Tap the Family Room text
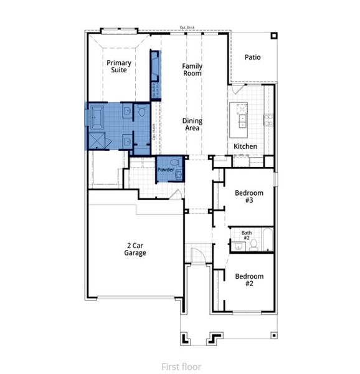pyautogui.click(x=192, y=69)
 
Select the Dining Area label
pyautogui.click(x=192, y=124)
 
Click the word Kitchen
pyautogui.click(x=245, y=146)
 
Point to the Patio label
pyautogui.click(x=252, y=57)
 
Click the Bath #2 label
pyautogui.click(x=246, y=236)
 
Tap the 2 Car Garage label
pyautogui.click(x=135, y=249)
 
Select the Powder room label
pyautogui.click(x=164, y=170)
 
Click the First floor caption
pyautogui.click(x=181, y=366)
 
